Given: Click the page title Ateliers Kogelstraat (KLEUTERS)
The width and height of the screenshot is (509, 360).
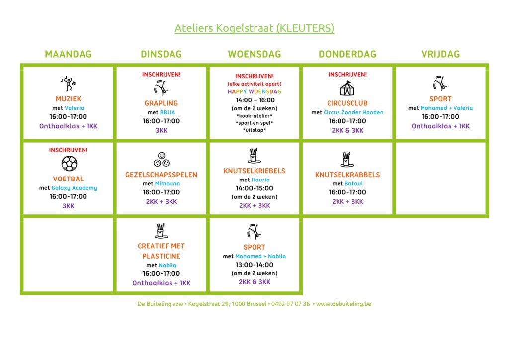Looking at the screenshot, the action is [254, 28].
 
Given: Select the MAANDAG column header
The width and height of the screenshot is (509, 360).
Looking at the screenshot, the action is [68, 54].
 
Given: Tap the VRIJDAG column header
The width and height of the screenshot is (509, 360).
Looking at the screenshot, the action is [440, 54].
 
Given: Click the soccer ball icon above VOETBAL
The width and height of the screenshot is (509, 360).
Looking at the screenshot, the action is [69, 163].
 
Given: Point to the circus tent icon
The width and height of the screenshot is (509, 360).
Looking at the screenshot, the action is [347, 88].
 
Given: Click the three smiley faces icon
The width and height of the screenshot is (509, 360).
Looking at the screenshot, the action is [162, 160].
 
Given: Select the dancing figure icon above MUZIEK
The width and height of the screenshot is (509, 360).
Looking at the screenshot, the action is [68, 84].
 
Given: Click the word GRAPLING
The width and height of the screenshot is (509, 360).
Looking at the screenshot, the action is [162, 103].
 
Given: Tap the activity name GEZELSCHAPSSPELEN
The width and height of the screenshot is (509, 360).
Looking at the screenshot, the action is [162, 175].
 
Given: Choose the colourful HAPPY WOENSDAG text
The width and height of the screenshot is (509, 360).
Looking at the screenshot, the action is [254, 91].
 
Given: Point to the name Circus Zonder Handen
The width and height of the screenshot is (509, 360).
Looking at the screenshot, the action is [353, 112].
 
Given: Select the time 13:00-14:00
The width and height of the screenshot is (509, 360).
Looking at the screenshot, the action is [254, 265].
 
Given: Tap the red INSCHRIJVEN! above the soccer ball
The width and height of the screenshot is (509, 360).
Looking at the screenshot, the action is [68, 150].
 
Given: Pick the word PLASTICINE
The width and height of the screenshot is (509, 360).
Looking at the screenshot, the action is [162, 256].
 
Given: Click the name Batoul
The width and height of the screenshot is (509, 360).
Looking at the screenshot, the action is [353, 184].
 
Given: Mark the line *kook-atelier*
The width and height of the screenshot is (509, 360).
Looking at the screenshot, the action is [254, 116].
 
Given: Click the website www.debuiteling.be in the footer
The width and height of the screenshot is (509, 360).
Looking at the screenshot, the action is [343, 304].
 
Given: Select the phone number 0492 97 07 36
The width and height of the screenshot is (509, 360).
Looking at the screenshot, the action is [290, 304].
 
